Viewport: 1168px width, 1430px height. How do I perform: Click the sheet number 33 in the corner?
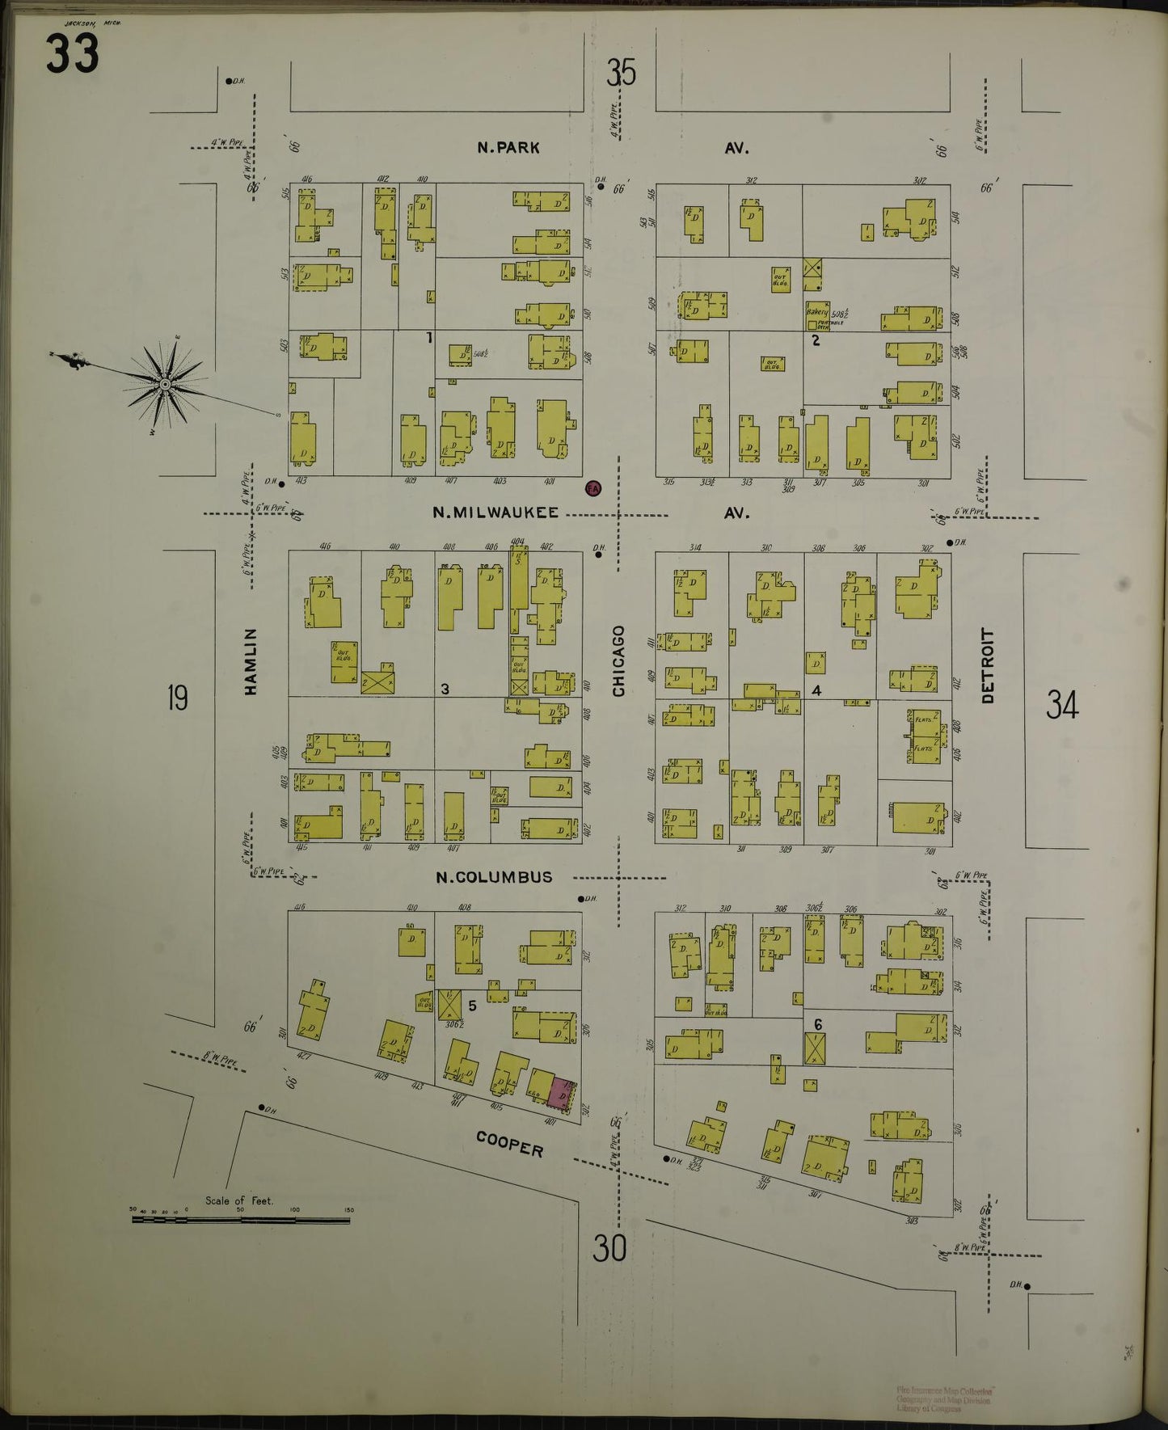tap(72, 54)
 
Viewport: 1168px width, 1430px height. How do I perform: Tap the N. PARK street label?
tap(508, 148)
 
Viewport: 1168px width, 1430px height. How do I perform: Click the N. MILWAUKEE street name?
tap(495, 513)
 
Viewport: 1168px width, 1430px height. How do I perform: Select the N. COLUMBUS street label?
tap(494, 876)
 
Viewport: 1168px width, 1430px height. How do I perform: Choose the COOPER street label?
tap(509, 1144)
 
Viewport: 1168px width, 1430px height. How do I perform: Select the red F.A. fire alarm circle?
tap(593, 488)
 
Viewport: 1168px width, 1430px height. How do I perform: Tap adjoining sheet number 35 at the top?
tap(621, 74)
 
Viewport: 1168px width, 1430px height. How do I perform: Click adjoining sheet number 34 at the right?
tap(1062, 705)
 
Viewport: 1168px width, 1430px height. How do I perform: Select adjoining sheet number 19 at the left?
tap(177, 697)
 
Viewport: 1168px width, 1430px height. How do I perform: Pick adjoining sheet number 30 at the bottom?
tap(609, 1249)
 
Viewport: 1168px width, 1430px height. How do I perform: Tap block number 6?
tap(818, 1024)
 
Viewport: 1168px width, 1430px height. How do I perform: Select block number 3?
tap(445, 689)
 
